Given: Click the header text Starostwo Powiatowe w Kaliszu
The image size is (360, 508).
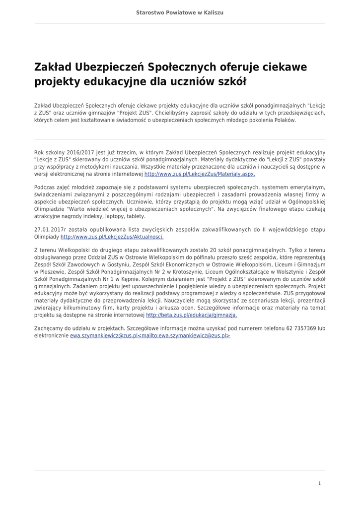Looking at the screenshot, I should coord(180,12).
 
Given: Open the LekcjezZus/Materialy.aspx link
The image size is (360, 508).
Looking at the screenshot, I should coord(200,175).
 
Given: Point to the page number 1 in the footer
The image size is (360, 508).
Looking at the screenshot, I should coord(319,483).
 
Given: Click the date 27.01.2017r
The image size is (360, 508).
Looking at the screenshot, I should coord(50,230).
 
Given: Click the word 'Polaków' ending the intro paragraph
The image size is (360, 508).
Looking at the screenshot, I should coord(285,120).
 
